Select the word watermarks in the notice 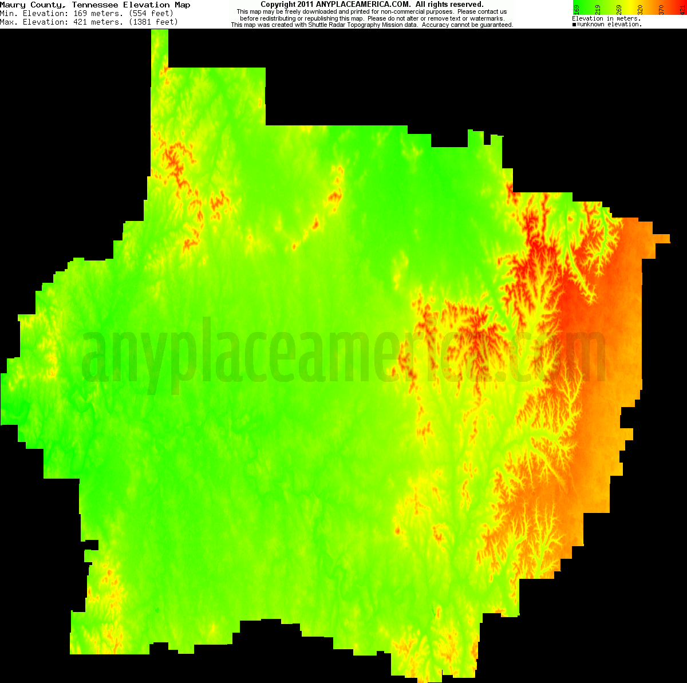tap(485, 18)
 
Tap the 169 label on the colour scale tap(576, 9)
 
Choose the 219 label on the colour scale tap(598, 9)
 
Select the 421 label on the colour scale tap(682, 9)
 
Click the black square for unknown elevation tap(574, 25)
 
